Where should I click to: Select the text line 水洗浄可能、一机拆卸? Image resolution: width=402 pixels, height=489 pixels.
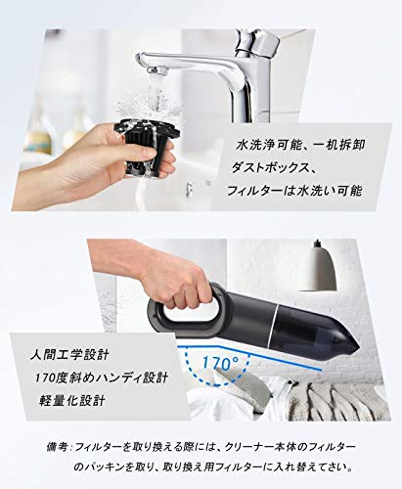[x=300, y=145]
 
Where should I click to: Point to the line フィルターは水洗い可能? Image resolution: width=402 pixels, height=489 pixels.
[x=294, y=191]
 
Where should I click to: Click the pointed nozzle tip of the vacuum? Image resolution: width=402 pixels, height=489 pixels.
[x=354, y=347]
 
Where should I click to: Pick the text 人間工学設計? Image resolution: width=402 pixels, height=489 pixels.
[x=69, y=355]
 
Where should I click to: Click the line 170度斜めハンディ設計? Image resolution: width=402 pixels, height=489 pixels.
[x=102, y=378]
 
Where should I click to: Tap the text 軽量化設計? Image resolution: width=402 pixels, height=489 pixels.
[x=71, y=400]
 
